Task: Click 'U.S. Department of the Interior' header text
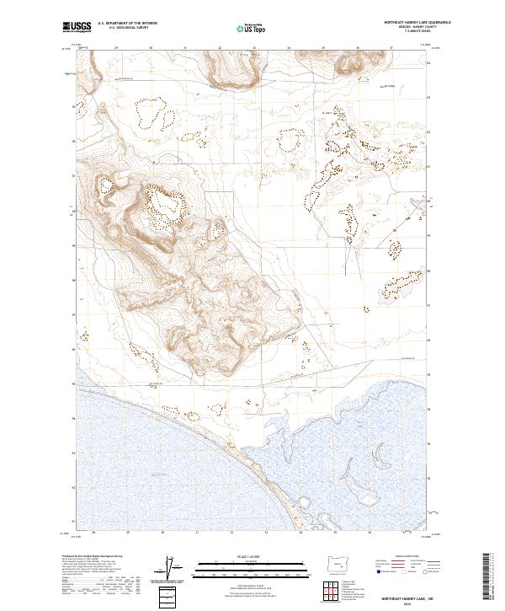(x=127, y=24)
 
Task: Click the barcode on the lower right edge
(x=489, y=573)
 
